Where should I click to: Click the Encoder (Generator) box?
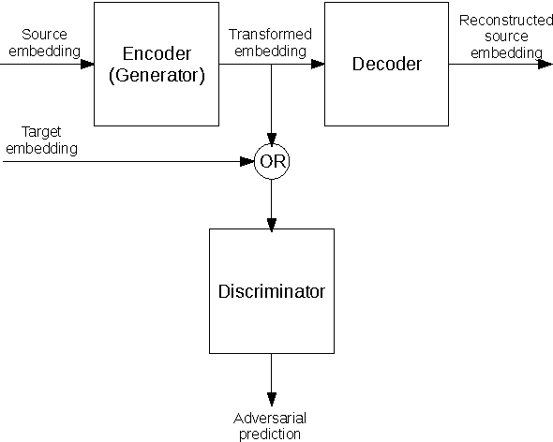[x=157, y=64]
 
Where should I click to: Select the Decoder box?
[x=386, y=64]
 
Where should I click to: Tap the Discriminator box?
[x=271, y=291]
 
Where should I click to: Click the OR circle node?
[x=272, y=161]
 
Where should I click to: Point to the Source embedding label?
[x=43, y=42]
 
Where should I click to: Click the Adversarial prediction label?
[x=270, y=425]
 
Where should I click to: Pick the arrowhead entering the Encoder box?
[x=88, y=65]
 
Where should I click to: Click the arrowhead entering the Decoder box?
[x=318, y=65]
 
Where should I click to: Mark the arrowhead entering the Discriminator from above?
[x=272, y=223]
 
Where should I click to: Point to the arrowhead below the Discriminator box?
[x=272, y=399]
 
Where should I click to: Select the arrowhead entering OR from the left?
[x=248, y=161]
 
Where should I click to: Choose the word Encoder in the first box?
[x=157, y=53]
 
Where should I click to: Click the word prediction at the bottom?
[x=270, y=434]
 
